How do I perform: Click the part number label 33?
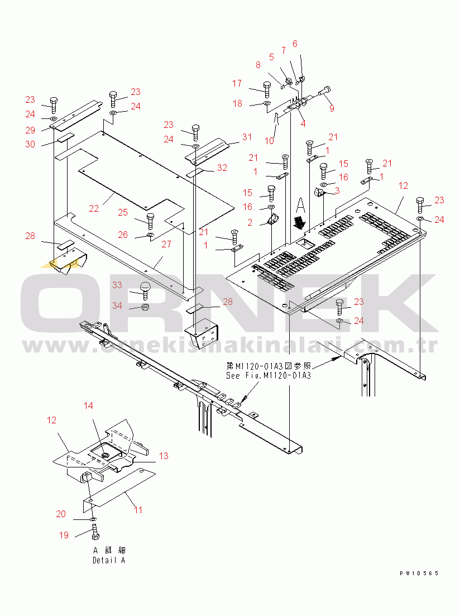(x=117, y=285)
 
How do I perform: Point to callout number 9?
(x=332, y=108)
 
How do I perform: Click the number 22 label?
(x=94, y=208)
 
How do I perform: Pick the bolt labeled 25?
(x=150, y=220)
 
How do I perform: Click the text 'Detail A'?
(x=109, y=560)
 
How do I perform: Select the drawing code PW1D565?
(x=419, y=574)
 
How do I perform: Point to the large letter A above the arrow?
(x=300, y=204)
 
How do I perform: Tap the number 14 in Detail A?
(x=89, y=405)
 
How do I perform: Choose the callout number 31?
(x=247, y=137)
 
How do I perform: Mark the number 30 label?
(x=30, y=144)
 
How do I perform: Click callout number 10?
(x=269, y=141)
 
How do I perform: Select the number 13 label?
(x=163, y=456)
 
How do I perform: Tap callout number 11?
(x=138, y=509)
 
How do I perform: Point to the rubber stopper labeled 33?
(x=145, y=289)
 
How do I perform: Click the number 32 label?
(x=222, y=168)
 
